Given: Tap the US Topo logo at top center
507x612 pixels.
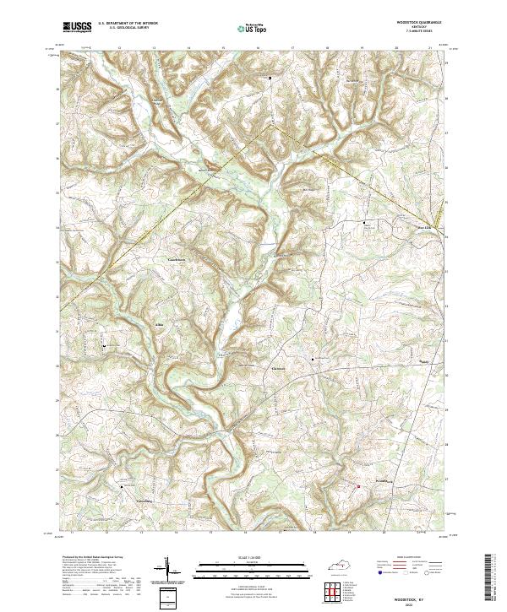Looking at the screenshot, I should tap(247, 27).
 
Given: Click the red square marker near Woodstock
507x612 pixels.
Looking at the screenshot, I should tap(357, 485).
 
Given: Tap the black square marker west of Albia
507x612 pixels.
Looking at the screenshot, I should tap(104, 346).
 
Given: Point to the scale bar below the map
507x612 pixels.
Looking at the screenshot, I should tap(253, 568).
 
